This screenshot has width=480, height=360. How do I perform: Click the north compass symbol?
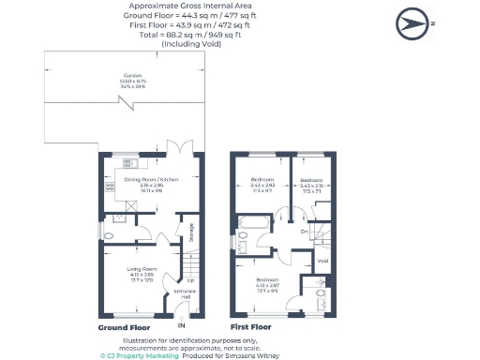413,22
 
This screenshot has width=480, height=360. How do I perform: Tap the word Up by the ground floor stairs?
191,281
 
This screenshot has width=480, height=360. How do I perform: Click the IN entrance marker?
182,325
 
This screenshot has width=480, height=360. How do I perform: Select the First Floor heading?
250,327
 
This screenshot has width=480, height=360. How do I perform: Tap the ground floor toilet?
110,235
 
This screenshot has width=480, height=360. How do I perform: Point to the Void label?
322,261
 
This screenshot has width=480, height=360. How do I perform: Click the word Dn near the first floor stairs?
304,231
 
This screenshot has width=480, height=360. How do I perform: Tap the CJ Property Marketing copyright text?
140,355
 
